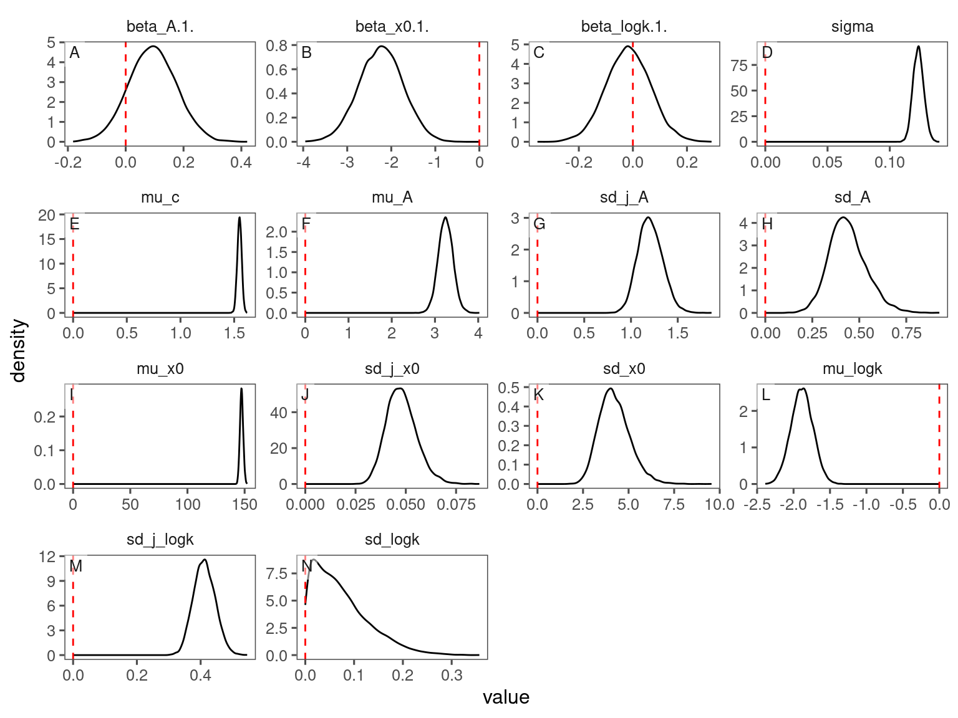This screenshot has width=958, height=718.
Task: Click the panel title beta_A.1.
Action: pos(160,27)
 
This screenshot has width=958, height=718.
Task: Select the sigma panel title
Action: pos(852,27)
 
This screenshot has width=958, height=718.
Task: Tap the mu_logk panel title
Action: pos(852,369)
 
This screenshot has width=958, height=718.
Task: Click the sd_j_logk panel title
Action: pos(160,540)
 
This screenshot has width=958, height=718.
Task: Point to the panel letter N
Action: pos(306,566)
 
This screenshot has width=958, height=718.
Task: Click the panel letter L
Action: pos(766,395)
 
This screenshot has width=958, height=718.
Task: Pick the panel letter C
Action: pos(539,53)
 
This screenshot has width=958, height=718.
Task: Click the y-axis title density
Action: pos(19,350)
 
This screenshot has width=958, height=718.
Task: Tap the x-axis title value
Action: pos(506,697)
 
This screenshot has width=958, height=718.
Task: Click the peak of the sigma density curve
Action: pos(918,46)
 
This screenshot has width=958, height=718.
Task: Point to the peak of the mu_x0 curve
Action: pos(241,389)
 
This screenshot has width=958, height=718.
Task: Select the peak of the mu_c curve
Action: pos(239,218)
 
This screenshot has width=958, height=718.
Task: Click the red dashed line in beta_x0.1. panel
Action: pos(479,93)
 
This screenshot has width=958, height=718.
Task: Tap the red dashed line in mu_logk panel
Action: pos(939,436)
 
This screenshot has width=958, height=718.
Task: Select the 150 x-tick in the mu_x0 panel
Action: pos(244,504)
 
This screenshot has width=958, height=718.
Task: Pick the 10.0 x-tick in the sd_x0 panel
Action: pos(720,504)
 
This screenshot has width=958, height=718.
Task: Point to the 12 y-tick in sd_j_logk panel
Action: pos(47,557)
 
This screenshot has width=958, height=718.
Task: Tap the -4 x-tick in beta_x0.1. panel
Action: pos(303,163)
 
